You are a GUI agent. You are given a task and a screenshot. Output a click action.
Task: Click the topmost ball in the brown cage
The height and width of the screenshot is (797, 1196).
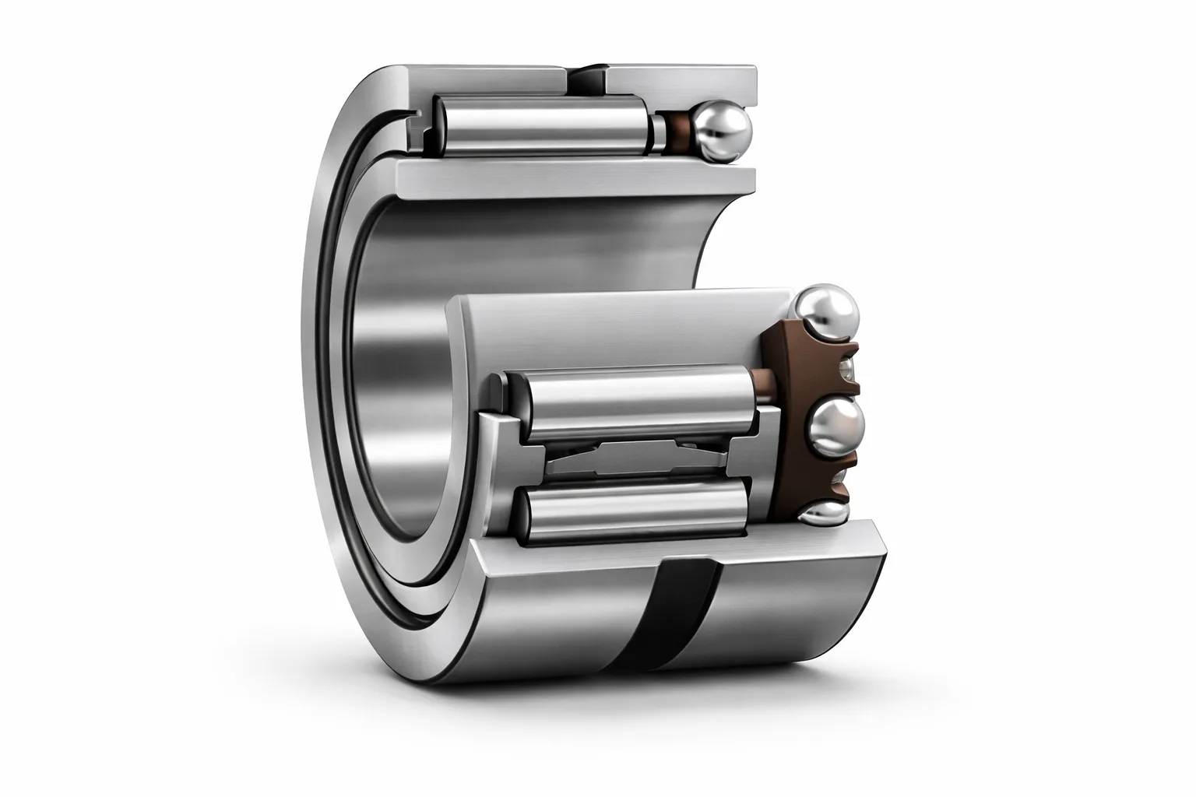click(827, 311)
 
